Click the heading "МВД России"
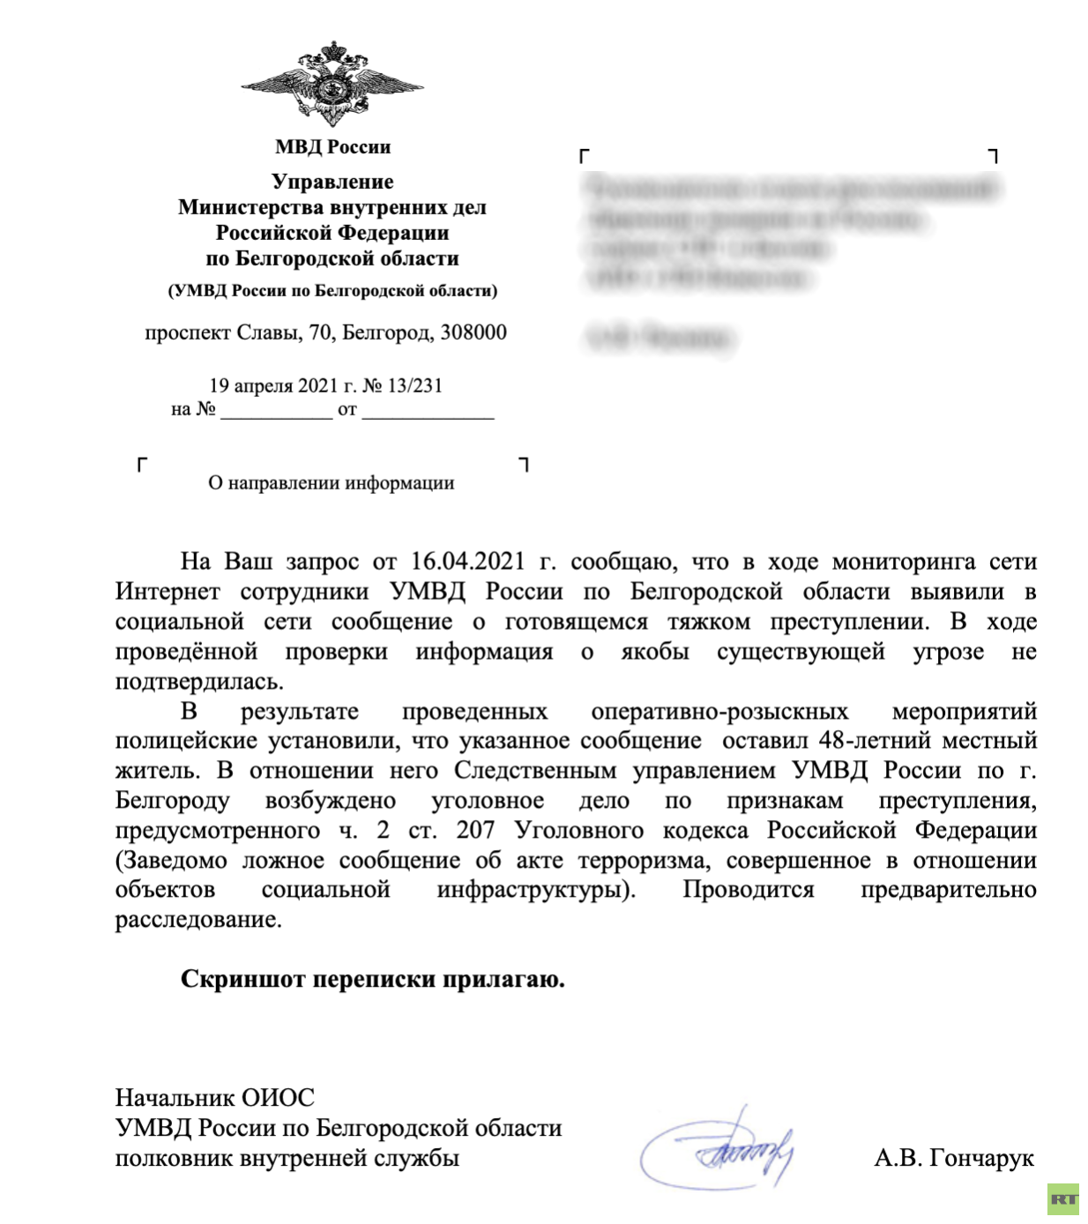[332, 147]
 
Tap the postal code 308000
[473, 333]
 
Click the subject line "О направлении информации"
[332, 483]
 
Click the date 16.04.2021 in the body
[467, 562]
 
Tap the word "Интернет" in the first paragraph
[168, 592]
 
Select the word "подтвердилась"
[198, 682]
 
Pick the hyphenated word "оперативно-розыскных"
[719, 712]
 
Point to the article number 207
[475, 831]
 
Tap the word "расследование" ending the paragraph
[197, 920]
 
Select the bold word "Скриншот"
[243, 980]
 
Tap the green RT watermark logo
[1064, 1199]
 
